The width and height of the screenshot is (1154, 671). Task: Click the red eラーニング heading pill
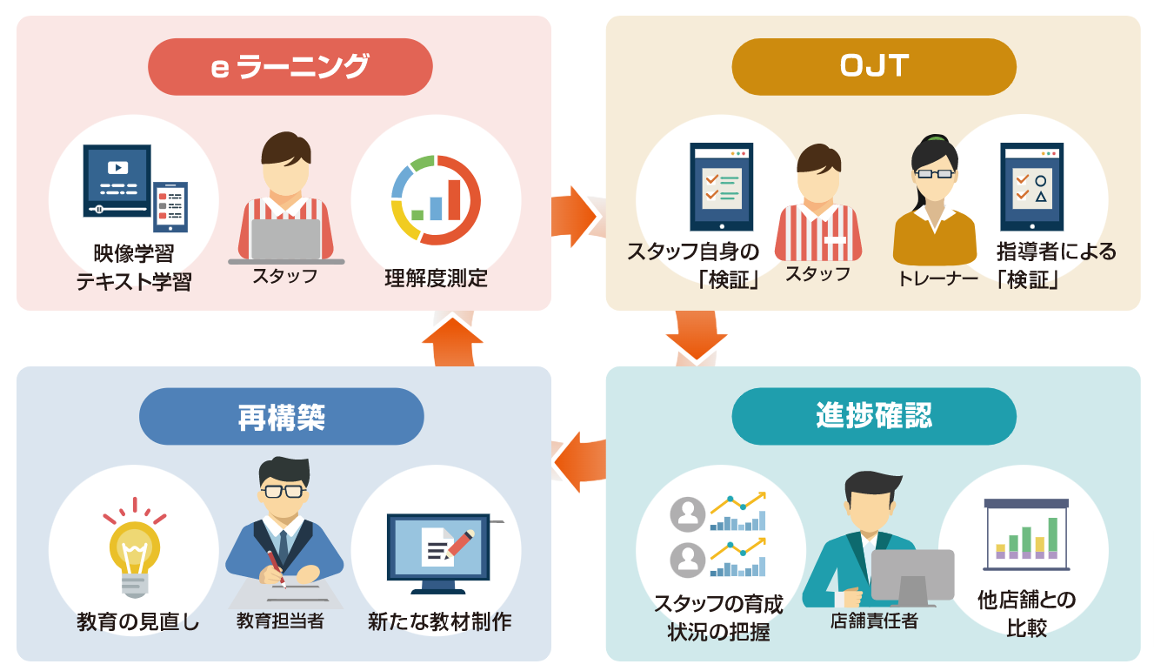point(290,67)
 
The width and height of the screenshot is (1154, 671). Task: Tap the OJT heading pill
point(873,67)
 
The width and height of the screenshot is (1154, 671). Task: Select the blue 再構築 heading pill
point(281,417)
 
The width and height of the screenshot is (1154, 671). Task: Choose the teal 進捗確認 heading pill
point(873,417)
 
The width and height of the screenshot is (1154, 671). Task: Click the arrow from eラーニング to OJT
point(575,217)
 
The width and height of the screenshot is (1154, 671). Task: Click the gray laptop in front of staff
point(286,240)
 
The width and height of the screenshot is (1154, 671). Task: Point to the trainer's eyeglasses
point(934,173)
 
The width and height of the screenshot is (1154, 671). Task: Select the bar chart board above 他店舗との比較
point(1026,533)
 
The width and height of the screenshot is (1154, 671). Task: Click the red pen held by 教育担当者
point(276,566)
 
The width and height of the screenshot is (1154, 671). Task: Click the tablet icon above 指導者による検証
point(1031,186)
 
